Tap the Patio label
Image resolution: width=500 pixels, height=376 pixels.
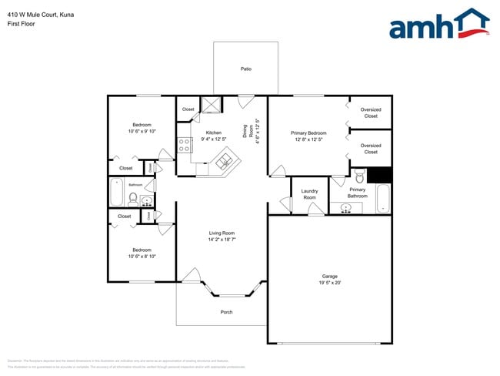[x=245, y=69]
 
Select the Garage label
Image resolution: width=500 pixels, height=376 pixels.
[x=329, y=276]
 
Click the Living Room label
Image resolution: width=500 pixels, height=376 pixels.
[x=222, y=233]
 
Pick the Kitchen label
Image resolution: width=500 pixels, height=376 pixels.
[x=213, y=133]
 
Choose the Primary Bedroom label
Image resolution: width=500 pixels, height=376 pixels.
[x=308, y=133]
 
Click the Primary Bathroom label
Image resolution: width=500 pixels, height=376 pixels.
[x=358, y=193]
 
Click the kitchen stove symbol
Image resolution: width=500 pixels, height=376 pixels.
[x=185, y=143]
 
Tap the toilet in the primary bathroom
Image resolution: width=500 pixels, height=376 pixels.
[x=359, y=177]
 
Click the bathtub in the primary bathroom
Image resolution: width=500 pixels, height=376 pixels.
[x=382, y=199]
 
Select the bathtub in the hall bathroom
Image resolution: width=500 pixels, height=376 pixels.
[x=116, y=192]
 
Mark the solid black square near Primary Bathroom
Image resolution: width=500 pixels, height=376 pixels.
[x=379, y=174]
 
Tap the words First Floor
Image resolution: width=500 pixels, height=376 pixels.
[x=21, y=24]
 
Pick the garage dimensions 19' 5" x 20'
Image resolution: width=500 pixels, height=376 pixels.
[x=329, y=283]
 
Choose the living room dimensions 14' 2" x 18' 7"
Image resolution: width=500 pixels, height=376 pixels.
[x=222, y=240]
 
